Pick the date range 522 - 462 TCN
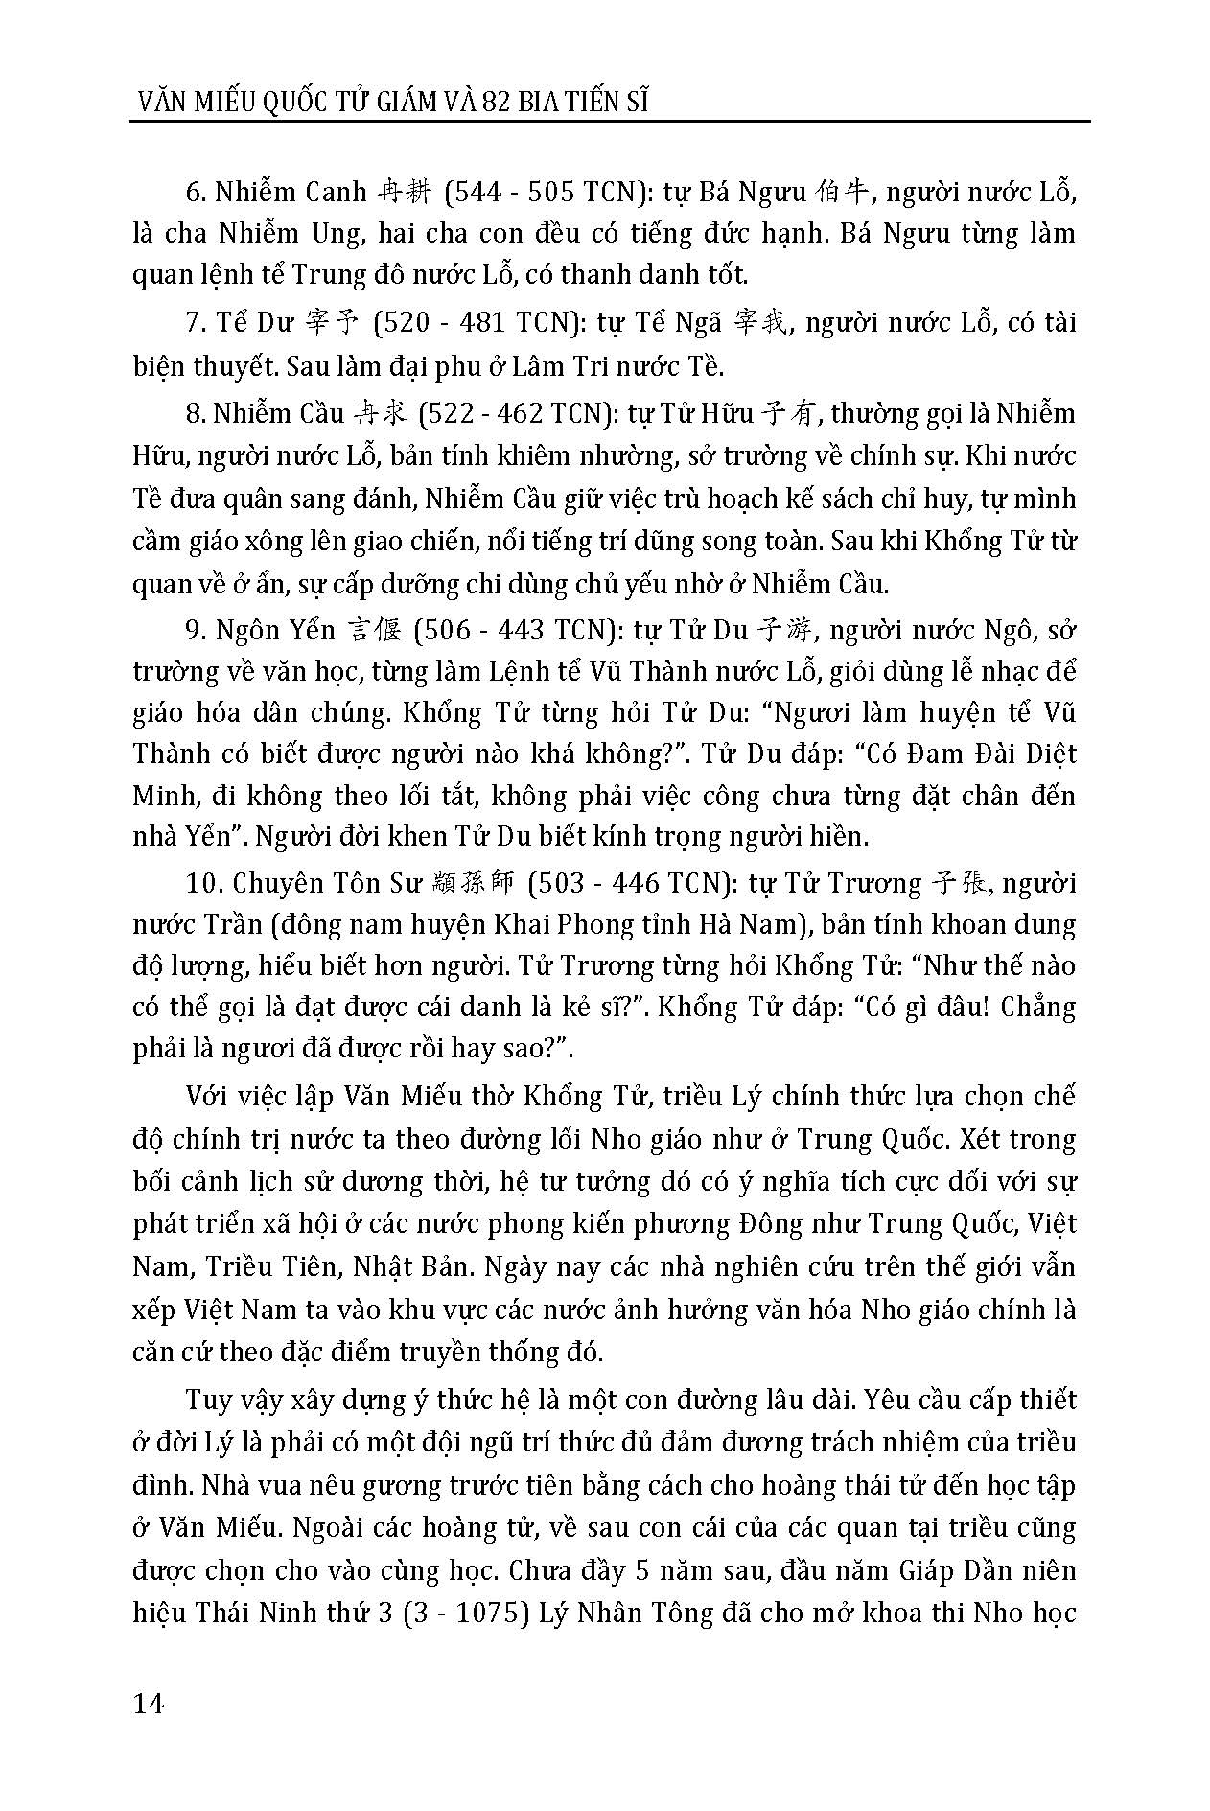tap(508, 413)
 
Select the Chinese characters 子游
tap(785, 630)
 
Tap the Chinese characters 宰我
tap(764, 322)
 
